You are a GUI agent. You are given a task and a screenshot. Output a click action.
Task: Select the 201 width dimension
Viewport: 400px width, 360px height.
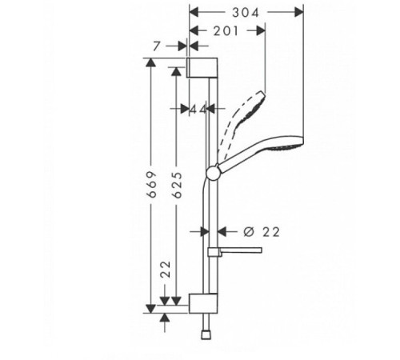pyautogui.click(x=226, y=30)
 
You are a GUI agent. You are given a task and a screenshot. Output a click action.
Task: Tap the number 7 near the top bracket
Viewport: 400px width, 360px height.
pyautogui.click(x=170, y=49)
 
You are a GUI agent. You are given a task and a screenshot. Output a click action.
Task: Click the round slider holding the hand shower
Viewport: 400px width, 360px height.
pyautogui.click(x=212, y=170)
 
